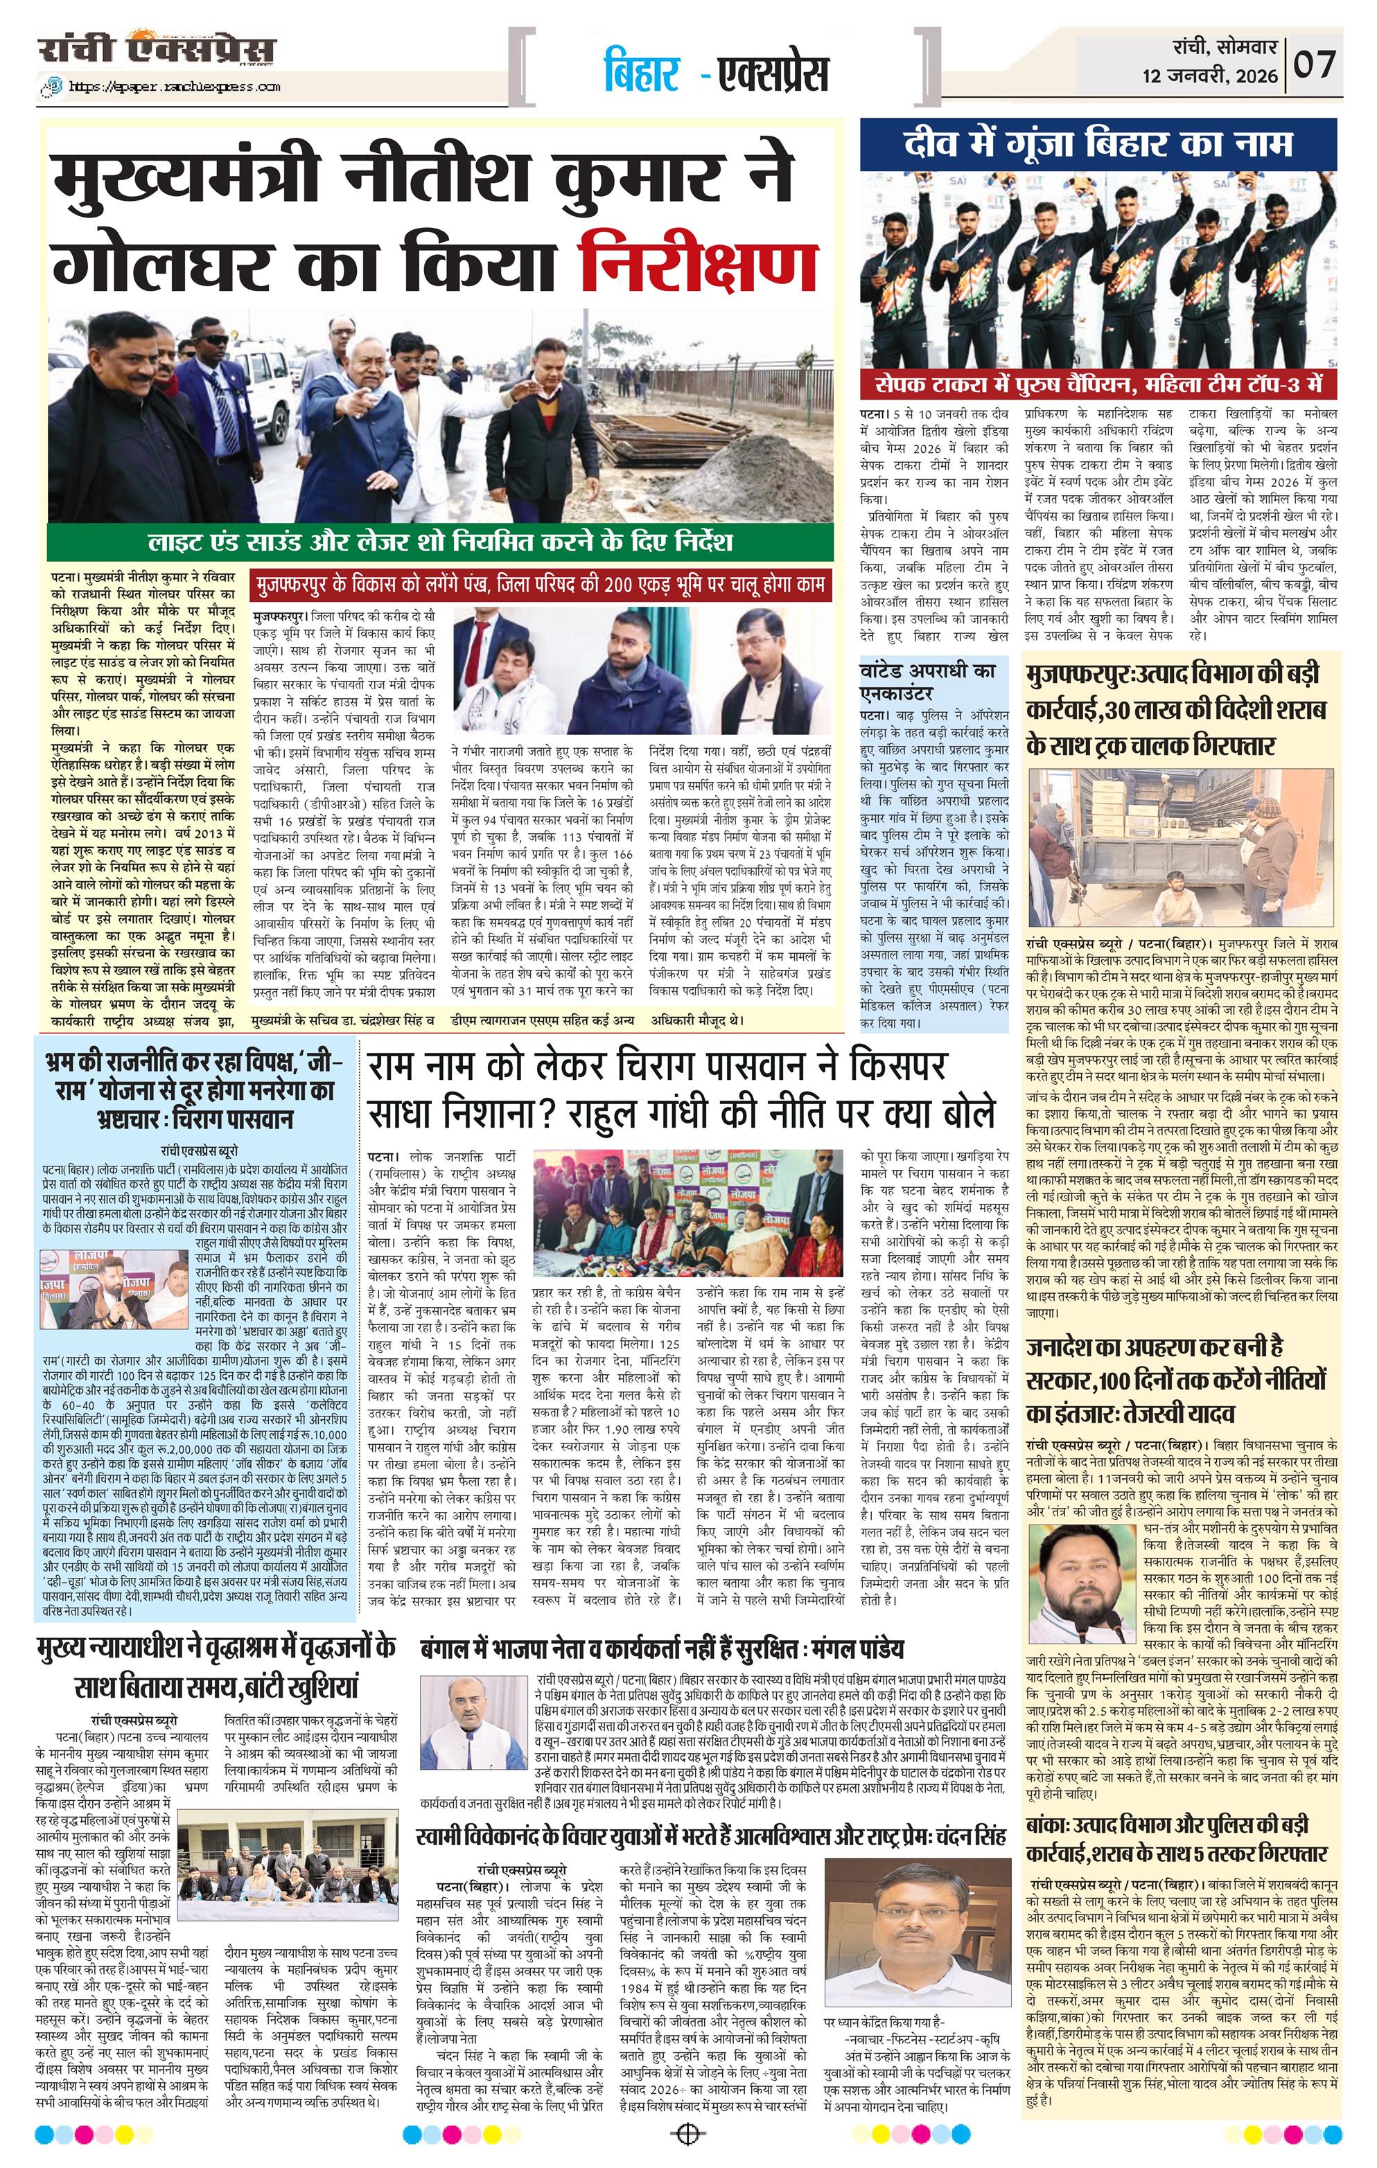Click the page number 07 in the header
[x=1316, y=65]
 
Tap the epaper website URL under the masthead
[x=162, y=87]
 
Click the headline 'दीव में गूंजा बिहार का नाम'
[x=1098, y=144]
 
